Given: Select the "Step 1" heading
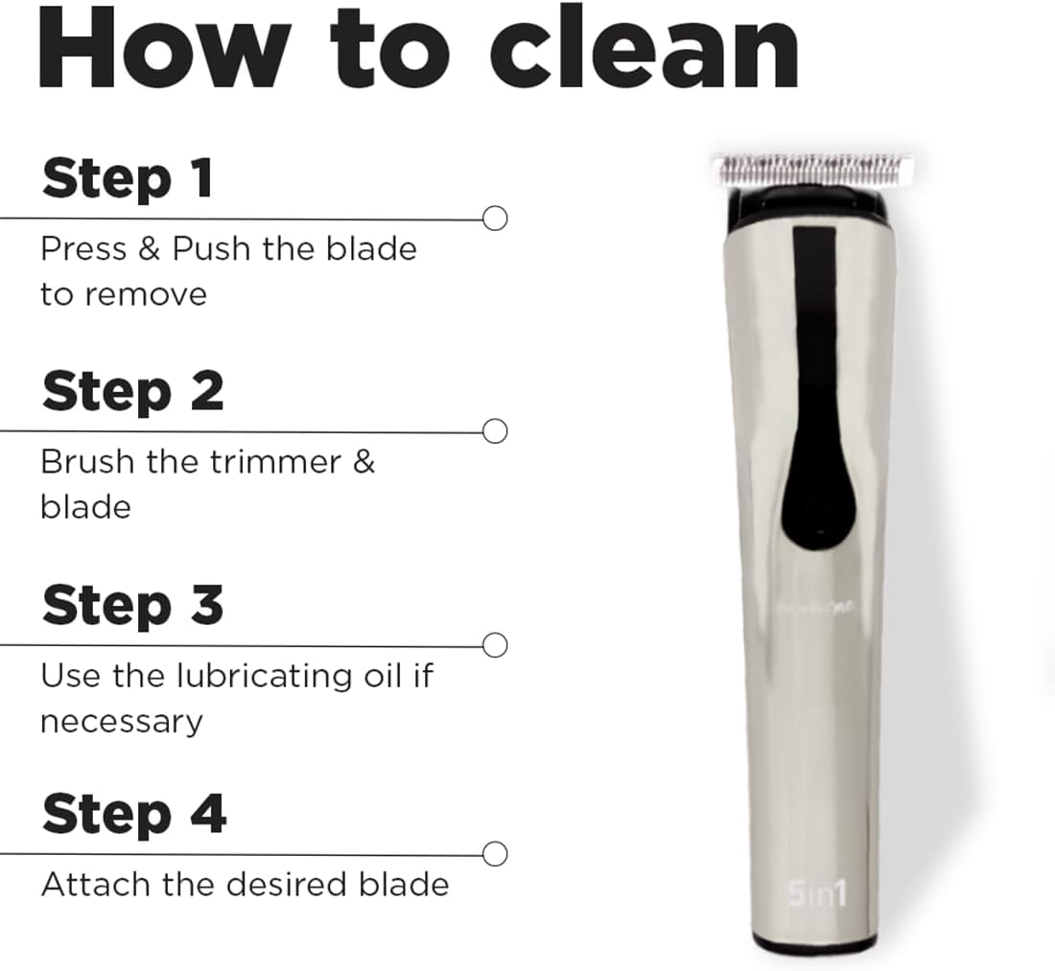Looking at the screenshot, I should click(127, 179).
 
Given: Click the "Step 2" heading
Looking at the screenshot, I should click(132, 392).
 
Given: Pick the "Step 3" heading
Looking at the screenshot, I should click(132, 606).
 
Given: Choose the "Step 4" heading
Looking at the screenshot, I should click(133, 814).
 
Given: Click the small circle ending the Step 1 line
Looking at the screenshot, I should click(495, 219).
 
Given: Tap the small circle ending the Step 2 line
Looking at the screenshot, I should click(495, 431).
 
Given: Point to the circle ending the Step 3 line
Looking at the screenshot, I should click(495, 645).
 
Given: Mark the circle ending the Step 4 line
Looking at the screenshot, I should click(495, 853).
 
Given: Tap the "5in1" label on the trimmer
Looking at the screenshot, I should click(817, 894).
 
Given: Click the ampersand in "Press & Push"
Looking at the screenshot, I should click(149, 249).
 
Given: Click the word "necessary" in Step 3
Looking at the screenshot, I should click(121, 721).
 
